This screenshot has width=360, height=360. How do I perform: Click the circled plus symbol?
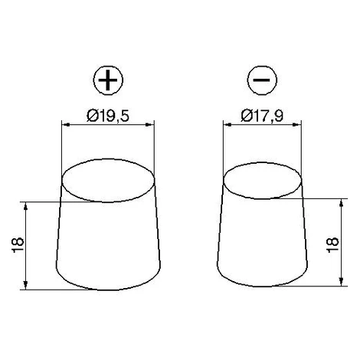[x=108, y=80]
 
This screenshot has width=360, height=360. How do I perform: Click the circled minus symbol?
[x=262, y=80]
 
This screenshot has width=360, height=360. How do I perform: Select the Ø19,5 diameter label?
[x=108, y=116]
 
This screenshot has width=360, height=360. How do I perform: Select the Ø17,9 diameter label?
[x=262, y=116]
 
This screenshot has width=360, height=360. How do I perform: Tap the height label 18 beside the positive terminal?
[x=18, y=245]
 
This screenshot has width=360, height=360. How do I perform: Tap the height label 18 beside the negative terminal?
[x=332, y=245]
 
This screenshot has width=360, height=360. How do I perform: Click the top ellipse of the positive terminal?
[x=108, y=159]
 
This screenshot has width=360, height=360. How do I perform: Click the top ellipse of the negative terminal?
[x=263, y=162]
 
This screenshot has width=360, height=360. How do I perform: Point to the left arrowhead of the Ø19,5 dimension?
[x=66, y=125]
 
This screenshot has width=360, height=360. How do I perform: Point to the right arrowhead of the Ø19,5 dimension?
[x=151, y=125]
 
